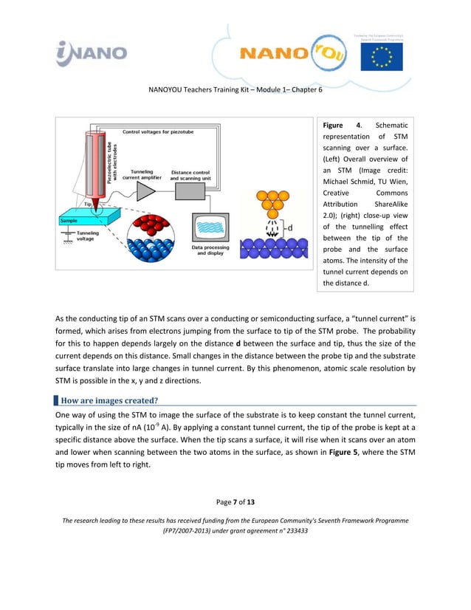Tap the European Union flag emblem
[x=381, y=56]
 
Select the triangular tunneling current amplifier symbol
[x=145, y=191]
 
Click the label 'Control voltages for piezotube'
[x=161, y=133]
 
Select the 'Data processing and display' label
[x=210, y=250]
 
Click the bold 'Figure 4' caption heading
[x=340, y=125]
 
